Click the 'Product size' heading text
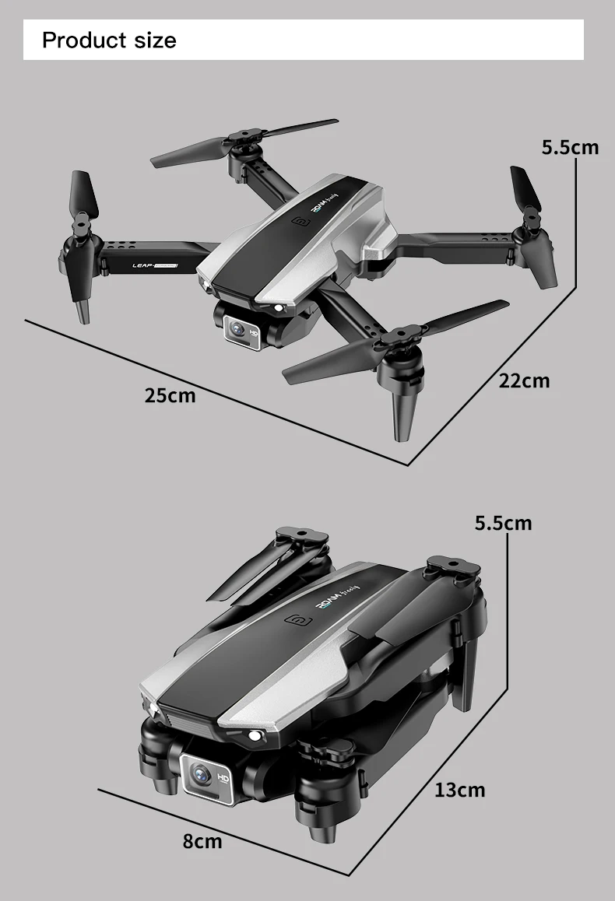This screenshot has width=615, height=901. click(109, 40)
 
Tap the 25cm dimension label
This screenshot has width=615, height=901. click(170, 396)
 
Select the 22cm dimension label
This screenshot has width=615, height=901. click(524, 380)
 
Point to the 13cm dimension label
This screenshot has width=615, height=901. click(459, 791)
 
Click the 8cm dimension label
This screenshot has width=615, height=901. click(202, 841)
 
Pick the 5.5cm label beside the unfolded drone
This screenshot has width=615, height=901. click(570, 147)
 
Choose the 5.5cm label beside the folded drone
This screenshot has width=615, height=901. click(503, 523)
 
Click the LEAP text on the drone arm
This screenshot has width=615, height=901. click(145, 267)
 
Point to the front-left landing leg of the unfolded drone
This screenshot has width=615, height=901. click(82, 307)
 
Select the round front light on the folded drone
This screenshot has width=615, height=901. click(254, 736)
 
